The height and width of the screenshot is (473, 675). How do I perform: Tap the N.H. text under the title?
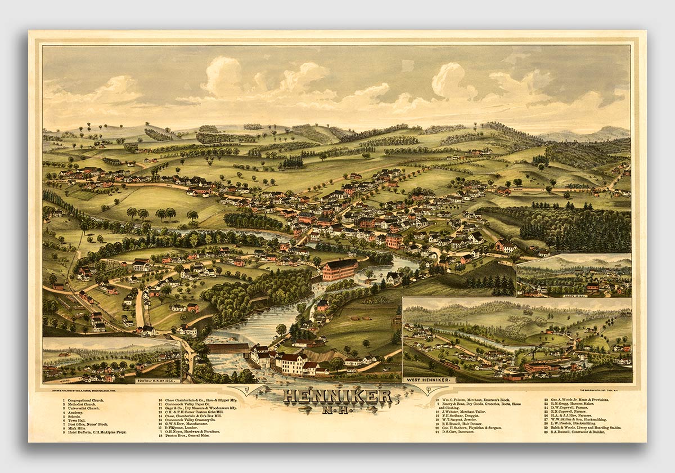[x=338, y=409]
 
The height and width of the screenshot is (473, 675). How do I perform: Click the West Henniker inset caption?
[x=429, y=380]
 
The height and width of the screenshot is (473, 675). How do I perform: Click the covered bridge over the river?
[x=227, y=348]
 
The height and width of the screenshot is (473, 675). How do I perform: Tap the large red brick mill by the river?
[x=339, y=269]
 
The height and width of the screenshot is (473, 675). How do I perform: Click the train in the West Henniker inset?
[x=450, y=365]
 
